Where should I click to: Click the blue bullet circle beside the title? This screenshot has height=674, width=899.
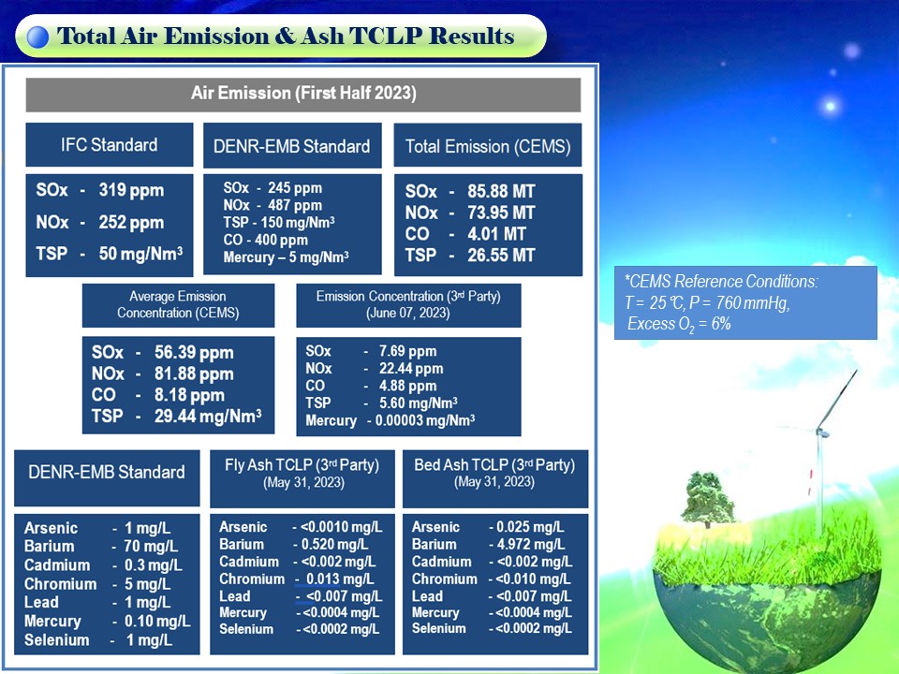click(x=37, y=37)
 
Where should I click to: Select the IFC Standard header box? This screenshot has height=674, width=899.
click(x=109, y=144)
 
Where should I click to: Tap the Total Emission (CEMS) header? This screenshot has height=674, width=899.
click(x=488, y=146)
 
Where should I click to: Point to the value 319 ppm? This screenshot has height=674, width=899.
click(x=131, y=190)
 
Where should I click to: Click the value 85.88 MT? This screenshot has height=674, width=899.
click(x=501, y=191)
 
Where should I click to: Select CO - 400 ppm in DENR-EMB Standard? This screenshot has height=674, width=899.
click(x=265, y=240)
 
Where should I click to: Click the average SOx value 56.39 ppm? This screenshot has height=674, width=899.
click(x=194, y=353)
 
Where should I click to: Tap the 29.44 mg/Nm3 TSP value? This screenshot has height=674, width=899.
click(x=208, y=416)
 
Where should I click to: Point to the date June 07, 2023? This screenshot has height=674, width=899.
click(x=408, y=313)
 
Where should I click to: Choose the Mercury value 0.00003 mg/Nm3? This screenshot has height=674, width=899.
click(x=425, y=420)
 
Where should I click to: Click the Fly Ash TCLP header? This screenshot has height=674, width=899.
click(x=302, y=473)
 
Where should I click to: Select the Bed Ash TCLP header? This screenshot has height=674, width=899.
click(x=494, y=473)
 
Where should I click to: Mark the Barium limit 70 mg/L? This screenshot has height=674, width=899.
click(x=151, y=546)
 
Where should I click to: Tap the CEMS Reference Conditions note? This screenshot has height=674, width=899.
click(x=745, y=302)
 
